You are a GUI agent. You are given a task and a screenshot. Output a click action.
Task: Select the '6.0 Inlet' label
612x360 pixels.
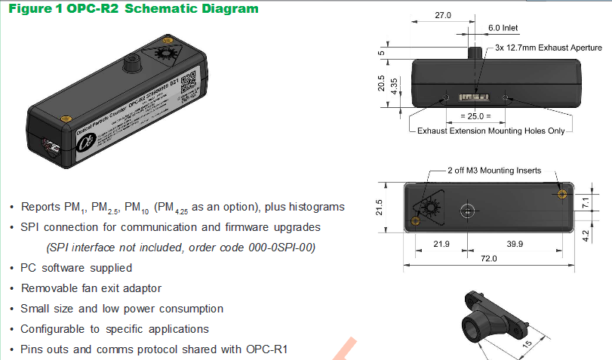503,27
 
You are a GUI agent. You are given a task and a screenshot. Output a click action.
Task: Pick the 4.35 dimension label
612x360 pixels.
395,92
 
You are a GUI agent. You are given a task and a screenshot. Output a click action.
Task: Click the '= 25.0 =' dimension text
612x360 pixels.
475,116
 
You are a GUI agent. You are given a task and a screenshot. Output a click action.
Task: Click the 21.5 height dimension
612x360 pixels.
380,207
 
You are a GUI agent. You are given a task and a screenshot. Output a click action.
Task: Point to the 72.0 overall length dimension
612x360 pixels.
488,259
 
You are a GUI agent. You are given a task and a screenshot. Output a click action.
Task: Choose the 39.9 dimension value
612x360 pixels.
515,243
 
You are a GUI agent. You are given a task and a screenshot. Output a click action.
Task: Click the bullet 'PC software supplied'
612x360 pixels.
76,268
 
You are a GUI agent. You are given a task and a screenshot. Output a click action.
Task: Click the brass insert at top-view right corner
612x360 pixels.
561,194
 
